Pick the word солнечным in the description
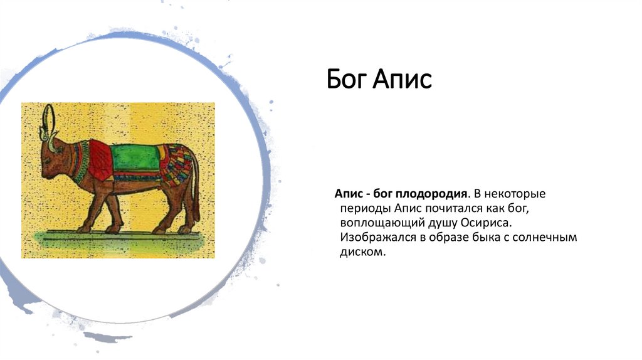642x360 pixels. tap(549, 238)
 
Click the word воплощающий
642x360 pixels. tap(380, 223)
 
